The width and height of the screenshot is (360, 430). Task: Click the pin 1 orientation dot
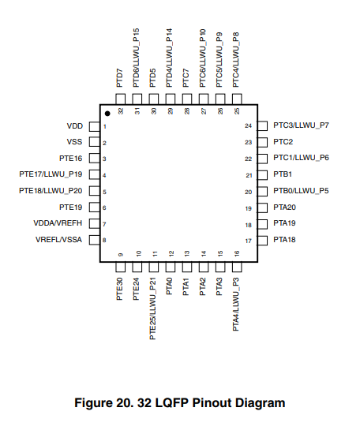point(107,114)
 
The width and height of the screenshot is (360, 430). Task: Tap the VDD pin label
point(75,126)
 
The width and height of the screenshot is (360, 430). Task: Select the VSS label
point(74,142)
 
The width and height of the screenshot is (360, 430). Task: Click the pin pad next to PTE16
point(95,159)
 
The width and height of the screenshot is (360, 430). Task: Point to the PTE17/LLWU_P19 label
point(51,174)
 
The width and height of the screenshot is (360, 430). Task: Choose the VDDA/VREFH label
point(58,223)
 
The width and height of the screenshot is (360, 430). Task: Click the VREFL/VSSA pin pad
point(95,240)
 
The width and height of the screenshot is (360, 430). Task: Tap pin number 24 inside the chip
point(249,126)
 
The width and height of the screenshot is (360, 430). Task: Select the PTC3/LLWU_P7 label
point(301,125)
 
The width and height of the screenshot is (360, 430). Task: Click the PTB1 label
point(283,174)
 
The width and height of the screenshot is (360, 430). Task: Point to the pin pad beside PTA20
point(262,208)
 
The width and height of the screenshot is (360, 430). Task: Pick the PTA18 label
point(284,240)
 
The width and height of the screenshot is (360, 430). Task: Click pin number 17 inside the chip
point(249,241)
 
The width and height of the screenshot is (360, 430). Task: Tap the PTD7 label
point(120,78)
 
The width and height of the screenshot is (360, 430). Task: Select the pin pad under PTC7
point(187,99)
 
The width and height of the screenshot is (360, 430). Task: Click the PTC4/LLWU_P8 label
point(236,60)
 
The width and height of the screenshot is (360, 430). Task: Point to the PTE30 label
point(120,289)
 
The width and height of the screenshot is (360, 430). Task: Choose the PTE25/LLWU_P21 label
point(153,308)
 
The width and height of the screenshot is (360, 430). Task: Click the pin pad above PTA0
point(170,267)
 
